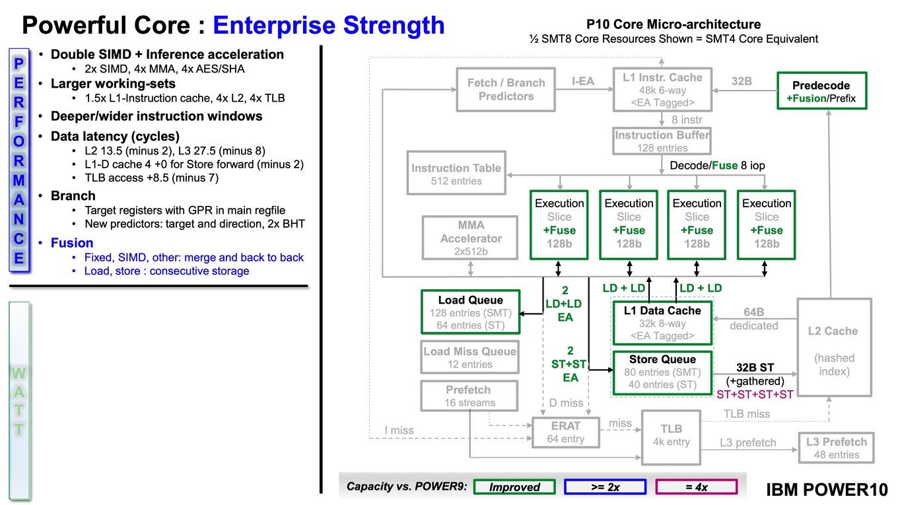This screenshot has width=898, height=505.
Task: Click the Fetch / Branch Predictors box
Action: click(x=506, y=89)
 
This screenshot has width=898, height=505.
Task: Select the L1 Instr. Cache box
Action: click(x=662, y=89)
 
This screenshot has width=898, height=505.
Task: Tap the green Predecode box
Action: click(x=822, y=91)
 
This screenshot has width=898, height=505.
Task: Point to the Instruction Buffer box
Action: click(x=662, y=141)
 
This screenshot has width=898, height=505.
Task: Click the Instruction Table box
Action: click(x=456, y=173)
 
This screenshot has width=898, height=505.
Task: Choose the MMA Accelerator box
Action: click(x=470, y=238)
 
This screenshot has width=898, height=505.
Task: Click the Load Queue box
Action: click(x=471, y=312)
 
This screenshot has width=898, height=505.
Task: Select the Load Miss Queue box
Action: click(x=470, y=357)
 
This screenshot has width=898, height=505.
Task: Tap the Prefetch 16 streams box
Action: click(x=469, y=396)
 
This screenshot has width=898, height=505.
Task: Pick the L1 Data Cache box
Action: click(x=662, y=323)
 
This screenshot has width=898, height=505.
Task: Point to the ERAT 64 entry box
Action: click(x=566, y=432)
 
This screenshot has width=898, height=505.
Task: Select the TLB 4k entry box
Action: click(x=671, y=437)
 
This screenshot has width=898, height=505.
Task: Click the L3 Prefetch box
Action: click(x=836, y=448)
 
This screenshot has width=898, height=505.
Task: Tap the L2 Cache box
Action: click(x=834, y=347)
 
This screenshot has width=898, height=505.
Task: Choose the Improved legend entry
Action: click(x=514, y=487)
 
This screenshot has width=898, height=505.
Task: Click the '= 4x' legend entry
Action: click(x=697, y=487)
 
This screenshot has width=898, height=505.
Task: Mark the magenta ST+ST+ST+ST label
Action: click(x=755, y=394)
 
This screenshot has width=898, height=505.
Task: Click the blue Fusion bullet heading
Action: click(x=72, y=243)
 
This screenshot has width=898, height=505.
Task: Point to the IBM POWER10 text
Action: click(x=827, y=489)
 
